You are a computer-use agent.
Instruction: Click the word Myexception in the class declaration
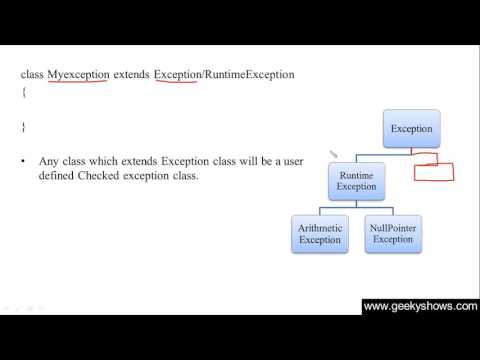(x=79, y=75)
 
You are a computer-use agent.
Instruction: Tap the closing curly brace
(x=23, y=127)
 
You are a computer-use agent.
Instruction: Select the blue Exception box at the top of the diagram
(x=411, y=129)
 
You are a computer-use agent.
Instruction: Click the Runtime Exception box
(x=356, y=181)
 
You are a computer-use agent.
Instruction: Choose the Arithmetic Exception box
(x=320, y=234)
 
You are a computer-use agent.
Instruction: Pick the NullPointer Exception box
(x=391, y=234)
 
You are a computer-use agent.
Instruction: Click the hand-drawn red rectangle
(x=434, y=168)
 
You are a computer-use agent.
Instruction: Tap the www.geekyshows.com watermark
(x=419, y=307)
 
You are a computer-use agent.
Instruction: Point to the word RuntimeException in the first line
(x=248, y=75)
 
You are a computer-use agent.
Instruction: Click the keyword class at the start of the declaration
(x=32, y=75)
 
